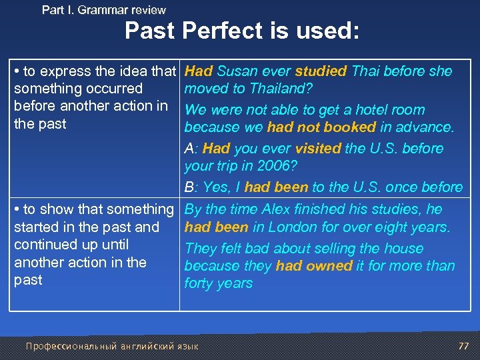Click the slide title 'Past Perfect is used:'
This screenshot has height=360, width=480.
242,31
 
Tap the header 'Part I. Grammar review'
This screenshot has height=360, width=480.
103,9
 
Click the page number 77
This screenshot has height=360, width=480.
464,345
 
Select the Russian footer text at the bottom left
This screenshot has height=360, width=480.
112,346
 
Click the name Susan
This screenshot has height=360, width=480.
237,71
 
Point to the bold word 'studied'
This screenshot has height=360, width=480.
321,71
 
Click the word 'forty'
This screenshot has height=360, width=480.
201,283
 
